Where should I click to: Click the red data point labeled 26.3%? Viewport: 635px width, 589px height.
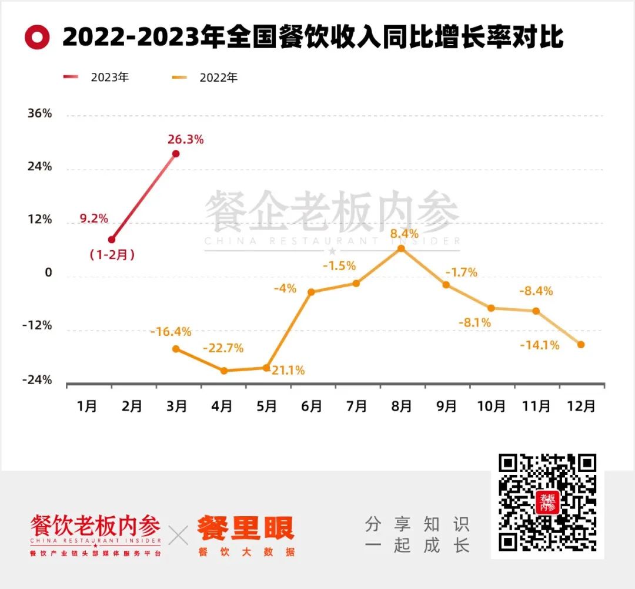point(176,154)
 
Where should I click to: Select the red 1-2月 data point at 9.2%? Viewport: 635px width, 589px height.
point(112,240)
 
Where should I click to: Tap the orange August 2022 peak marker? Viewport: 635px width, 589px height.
point(401,248)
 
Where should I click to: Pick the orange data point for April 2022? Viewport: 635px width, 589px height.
point(224,371)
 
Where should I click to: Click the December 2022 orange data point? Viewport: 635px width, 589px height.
point(581,345)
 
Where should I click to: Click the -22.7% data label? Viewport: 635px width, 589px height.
point(223,348)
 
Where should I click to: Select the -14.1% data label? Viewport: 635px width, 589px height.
point(540,345)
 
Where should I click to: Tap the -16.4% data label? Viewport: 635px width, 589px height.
point(171,332)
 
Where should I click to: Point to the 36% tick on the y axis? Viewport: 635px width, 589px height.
point(39,114)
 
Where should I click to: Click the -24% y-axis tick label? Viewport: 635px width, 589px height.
point(37,381)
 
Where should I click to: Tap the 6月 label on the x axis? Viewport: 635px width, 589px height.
point(312,406)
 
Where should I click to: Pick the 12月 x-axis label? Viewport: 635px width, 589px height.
point(580,406)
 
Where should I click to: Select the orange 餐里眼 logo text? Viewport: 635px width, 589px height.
point(246,529)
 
